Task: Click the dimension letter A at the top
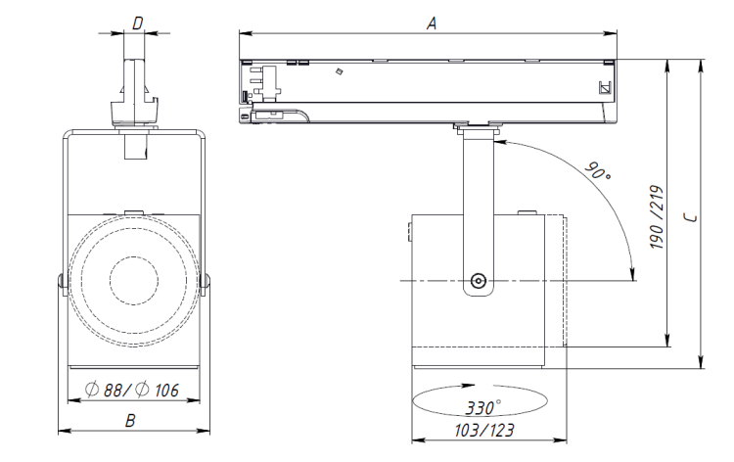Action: (431, 23)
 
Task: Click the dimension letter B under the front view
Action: (131, 421)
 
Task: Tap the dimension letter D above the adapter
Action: (137, 22)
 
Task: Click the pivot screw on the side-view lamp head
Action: (479, 280)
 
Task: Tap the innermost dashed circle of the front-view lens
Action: (131, 280)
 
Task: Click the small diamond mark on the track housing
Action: (338, 71)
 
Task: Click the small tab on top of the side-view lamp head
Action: (526, 209)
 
